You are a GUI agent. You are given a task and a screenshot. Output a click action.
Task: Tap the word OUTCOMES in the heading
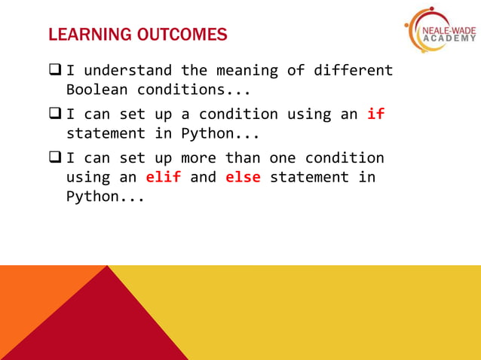178,35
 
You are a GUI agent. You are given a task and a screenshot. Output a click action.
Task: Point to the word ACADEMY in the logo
450,39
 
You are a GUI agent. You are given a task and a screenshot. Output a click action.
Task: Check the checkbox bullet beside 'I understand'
55,71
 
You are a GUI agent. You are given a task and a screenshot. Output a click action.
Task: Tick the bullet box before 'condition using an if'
55,114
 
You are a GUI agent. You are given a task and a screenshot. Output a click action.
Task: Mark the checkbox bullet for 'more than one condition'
55,158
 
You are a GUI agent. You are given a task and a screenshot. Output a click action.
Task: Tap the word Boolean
97,90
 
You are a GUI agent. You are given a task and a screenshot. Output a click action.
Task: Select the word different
353,71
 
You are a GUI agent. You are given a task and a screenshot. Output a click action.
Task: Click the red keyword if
375,114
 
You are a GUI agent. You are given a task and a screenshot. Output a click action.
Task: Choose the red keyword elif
163,178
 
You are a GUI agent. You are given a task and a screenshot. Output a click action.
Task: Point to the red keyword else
243,178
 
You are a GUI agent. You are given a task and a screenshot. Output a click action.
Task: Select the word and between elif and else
203,178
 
